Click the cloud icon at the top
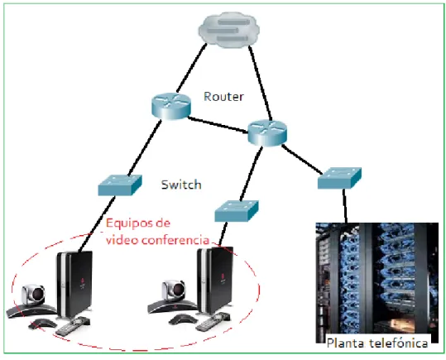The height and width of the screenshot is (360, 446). (229, 30)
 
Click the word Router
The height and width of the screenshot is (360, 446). (223, 97)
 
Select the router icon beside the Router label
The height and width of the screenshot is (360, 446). (171, 106)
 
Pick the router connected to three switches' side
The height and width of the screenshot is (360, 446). (267, 133)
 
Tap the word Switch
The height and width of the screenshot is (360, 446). (181, 185)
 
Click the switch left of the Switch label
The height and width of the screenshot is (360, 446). (120, 185)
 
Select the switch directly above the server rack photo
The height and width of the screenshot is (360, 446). (339, 178)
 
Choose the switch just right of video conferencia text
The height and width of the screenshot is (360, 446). (237, 211)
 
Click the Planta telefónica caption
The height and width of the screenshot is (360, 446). (377, 343)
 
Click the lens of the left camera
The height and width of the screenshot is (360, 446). (38, 294)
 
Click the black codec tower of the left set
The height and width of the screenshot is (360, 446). (74, 284)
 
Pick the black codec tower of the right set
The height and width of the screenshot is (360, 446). (215, 280)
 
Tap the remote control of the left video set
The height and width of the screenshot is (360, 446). (73, 325)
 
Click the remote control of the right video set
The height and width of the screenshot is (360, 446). (213, 322)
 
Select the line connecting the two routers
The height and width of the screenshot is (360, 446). (218, 125)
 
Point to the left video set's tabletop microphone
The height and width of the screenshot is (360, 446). (42, 324)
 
